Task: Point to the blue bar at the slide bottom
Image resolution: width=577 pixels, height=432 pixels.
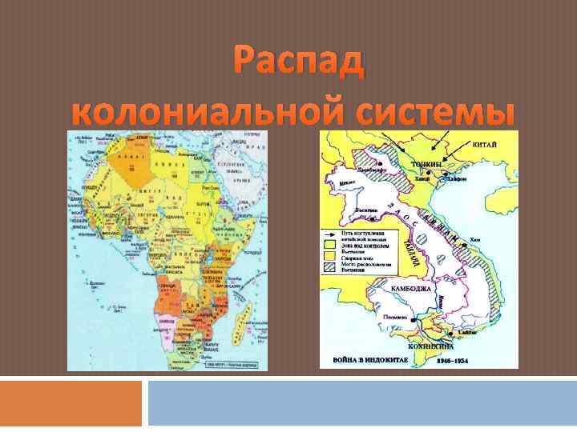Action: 361,403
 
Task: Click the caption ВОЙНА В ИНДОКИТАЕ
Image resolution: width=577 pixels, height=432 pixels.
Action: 365,361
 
